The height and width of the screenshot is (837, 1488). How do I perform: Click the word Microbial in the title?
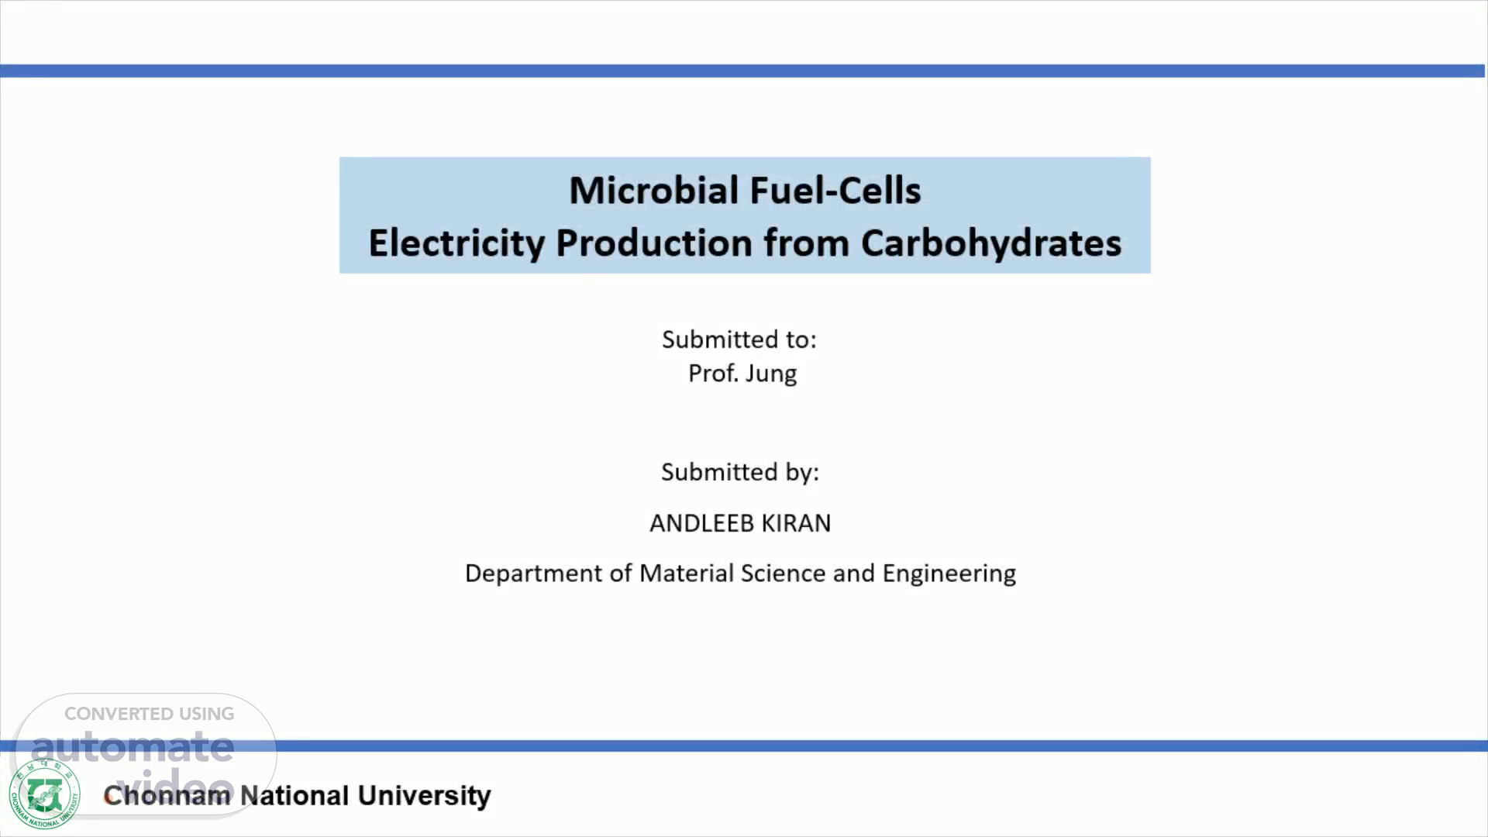653,190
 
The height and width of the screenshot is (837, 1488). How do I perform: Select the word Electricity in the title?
456,243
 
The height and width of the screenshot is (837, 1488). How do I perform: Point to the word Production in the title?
654,243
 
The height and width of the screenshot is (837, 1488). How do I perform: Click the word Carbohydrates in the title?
990,243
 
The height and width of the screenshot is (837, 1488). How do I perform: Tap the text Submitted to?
739,339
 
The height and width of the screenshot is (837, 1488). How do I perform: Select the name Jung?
770,374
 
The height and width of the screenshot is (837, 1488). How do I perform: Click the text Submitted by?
740,472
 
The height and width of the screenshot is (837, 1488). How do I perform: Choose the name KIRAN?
796,523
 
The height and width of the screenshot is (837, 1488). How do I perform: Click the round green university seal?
44,794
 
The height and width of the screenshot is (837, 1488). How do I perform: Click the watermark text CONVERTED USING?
149,714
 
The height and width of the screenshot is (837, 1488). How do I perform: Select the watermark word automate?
132,746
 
